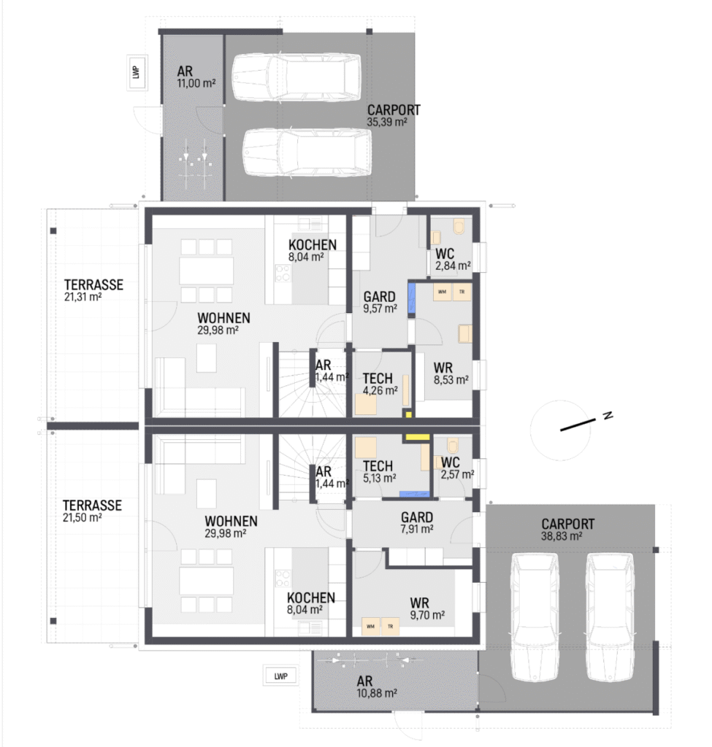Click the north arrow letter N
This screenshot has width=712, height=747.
click(x=608, y=415)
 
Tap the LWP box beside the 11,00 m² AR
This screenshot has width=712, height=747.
click(x=137, y=72)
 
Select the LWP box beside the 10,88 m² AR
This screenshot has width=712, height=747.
click(x=281, y=676)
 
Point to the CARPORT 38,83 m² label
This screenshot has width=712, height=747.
click(x=567, y=530)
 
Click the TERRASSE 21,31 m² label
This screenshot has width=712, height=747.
click(x=93, y=290)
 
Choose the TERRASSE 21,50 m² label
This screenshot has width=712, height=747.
click(x=92, y=511)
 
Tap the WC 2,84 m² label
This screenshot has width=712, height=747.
click(x=453, y=260)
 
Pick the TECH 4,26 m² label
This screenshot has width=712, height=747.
click(x=380, y=384)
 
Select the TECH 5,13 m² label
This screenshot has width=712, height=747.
click(x=379, y=472)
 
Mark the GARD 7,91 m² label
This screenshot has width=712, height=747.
click(x=417, y=522)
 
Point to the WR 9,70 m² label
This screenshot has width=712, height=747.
click(x=427, y=608)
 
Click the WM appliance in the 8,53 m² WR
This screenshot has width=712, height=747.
click(x=442, y=292)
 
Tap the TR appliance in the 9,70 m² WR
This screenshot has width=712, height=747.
click(x=390, y=627)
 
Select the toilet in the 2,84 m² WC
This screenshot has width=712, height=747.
click(x=459, y=226)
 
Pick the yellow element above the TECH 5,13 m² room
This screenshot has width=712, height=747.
click(x=417, y=437)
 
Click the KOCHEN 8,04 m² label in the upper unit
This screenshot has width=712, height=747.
click(x=313, y=251)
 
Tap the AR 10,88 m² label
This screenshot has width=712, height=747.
click(x=377, y=687)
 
